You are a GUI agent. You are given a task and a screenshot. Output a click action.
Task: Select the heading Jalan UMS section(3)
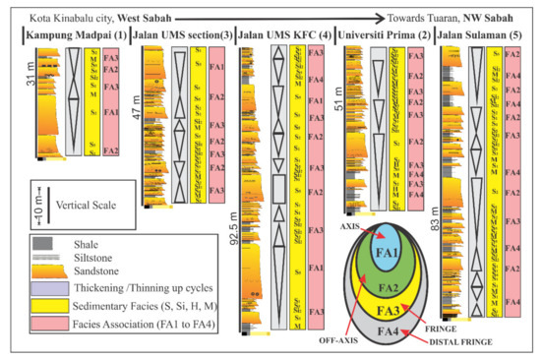click(180, 36)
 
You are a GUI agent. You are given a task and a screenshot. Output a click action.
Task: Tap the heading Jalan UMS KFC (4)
click(285, 36)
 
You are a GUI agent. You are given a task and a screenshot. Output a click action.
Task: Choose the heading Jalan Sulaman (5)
click(479, 36)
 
